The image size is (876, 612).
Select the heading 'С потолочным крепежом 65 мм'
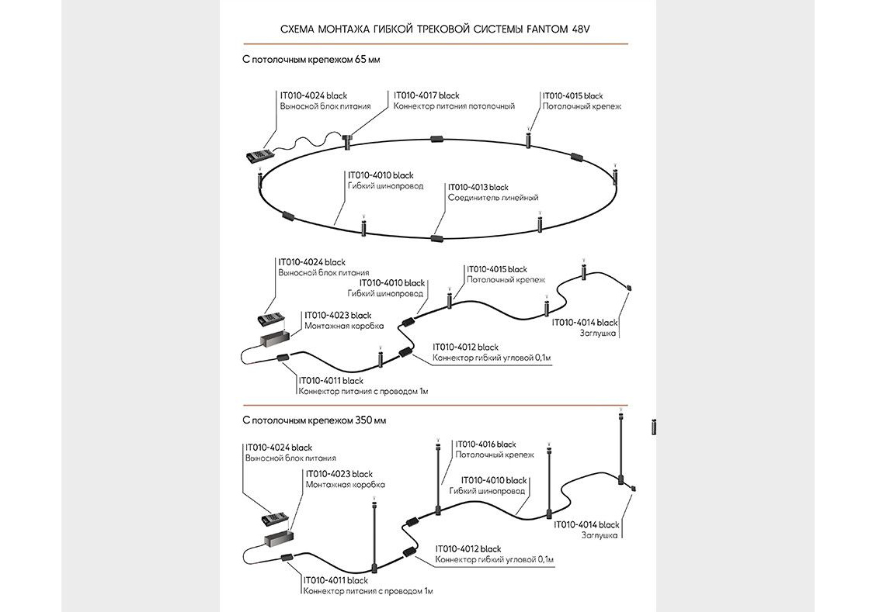coord(311,59)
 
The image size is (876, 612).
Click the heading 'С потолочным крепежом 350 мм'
coord(314,420)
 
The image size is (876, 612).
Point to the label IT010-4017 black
coord(426,95)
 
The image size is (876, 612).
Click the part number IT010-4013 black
coord(478,188)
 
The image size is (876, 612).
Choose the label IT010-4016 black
coord(485,444)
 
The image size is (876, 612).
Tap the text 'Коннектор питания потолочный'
coord(454,106)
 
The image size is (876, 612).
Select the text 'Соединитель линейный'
coord(492,199)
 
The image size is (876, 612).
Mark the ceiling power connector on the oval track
coord(347,140)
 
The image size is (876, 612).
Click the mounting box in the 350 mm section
coord(276,538)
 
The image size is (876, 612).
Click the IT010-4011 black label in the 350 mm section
coord(335,580)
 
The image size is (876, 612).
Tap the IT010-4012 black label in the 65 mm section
coord(465,347)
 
